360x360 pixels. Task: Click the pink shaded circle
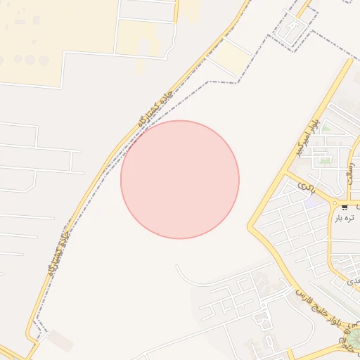coord(180,179)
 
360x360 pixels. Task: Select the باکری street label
coord(306,187)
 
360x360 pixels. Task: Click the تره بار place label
coord(344,219)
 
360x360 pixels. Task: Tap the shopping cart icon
coord(345,207)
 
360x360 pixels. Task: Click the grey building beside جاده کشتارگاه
coord(62,341)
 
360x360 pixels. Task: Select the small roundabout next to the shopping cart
coord(334,205)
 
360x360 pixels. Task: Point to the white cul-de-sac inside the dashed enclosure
coord(290,28)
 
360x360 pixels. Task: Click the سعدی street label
coord(354,280)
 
